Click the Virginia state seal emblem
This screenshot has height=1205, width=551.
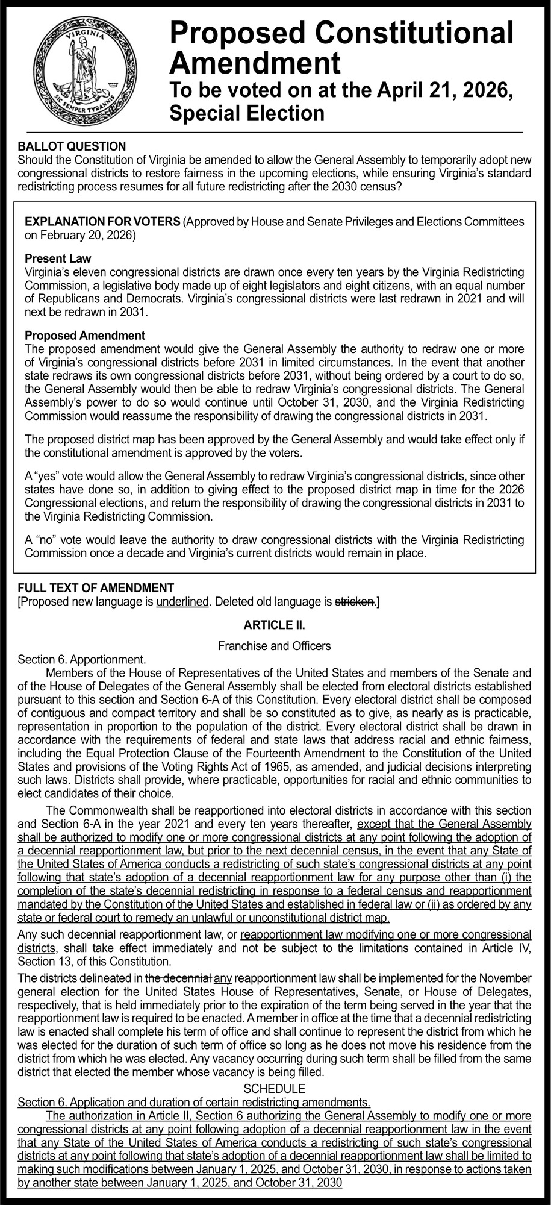(86, 69)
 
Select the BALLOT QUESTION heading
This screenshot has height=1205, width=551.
(72, 146)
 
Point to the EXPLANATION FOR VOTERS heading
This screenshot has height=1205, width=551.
(102, 222)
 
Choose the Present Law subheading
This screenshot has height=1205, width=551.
(58, 258)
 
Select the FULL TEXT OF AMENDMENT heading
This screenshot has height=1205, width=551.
(96, 588)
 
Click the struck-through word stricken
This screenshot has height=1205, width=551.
(355, 601)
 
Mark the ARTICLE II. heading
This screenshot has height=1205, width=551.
(275, 625)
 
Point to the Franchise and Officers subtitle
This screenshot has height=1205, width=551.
(275, 646)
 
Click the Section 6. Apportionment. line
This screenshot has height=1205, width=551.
(82, 659)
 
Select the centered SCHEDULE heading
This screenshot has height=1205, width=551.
(275, 1088)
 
